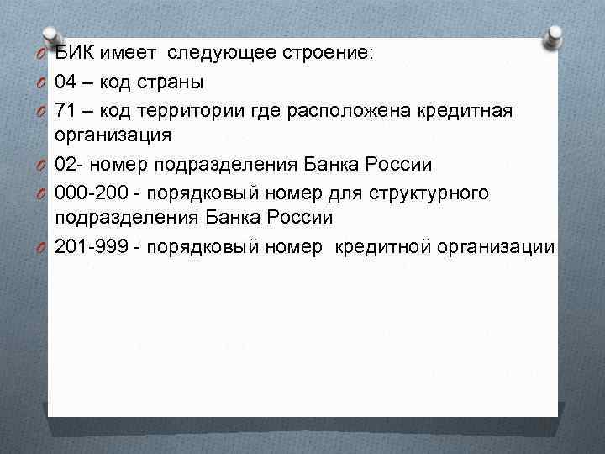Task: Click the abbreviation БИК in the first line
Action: [x=75, y=54]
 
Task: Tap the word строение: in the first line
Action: [x=331, y=54]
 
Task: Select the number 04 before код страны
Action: [x=66, y=82]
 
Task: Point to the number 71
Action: [x=66, y=109]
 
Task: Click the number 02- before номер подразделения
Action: [x=69, y=164]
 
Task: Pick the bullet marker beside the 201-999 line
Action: [x=40, y=247]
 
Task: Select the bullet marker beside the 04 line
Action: [x=40, y=82]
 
